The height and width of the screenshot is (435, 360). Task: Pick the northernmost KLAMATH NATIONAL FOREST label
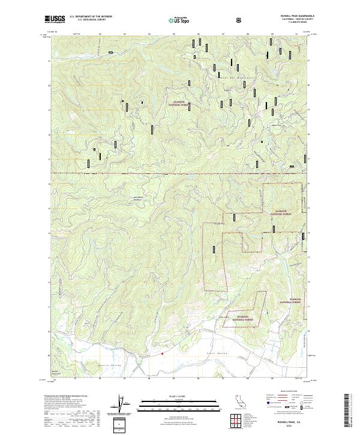[179, 103]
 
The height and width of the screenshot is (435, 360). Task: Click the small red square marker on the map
[162, 353]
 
